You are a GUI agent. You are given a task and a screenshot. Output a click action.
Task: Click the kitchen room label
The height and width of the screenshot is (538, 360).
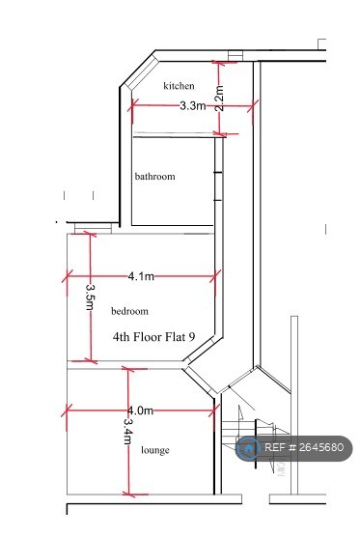179,85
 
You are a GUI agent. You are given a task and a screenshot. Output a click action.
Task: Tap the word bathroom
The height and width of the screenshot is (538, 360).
155,177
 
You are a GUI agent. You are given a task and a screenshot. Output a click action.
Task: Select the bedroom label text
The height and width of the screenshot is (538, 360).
130,311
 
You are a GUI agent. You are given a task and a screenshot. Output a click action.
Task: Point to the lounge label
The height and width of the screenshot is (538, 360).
155,450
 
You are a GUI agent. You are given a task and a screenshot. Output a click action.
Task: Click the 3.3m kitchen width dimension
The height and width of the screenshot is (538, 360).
193,105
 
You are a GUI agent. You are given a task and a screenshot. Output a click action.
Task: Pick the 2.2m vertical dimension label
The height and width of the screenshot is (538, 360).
219,99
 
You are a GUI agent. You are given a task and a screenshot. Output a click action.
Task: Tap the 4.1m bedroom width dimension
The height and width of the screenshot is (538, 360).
141,276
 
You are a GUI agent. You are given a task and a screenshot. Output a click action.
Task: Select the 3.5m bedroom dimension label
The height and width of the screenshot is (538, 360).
90,297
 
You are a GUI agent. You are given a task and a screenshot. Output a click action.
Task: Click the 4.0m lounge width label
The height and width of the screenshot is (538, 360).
141,411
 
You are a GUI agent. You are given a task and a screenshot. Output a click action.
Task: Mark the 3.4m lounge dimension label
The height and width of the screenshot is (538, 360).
127,432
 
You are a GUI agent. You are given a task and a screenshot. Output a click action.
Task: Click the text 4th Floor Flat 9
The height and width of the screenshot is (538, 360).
154,336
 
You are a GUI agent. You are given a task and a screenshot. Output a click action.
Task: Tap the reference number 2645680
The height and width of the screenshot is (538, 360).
321,447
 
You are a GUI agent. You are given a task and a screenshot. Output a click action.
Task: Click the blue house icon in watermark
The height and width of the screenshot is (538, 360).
248,448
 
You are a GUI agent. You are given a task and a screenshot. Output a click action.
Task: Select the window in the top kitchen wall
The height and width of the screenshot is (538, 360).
235,56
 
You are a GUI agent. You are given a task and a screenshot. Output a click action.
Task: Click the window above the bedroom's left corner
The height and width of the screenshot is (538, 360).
94,228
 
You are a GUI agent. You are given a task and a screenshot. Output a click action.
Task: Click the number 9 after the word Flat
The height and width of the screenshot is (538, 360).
192,336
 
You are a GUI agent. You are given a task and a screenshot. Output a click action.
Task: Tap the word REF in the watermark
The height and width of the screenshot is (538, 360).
275,447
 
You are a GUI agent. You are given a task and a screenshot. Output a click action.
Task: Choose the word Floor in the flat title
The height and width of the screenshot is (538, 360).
147,336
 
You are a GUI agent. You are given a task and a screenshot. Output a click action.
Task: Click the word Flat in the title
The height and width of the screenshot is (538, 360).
176,336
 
